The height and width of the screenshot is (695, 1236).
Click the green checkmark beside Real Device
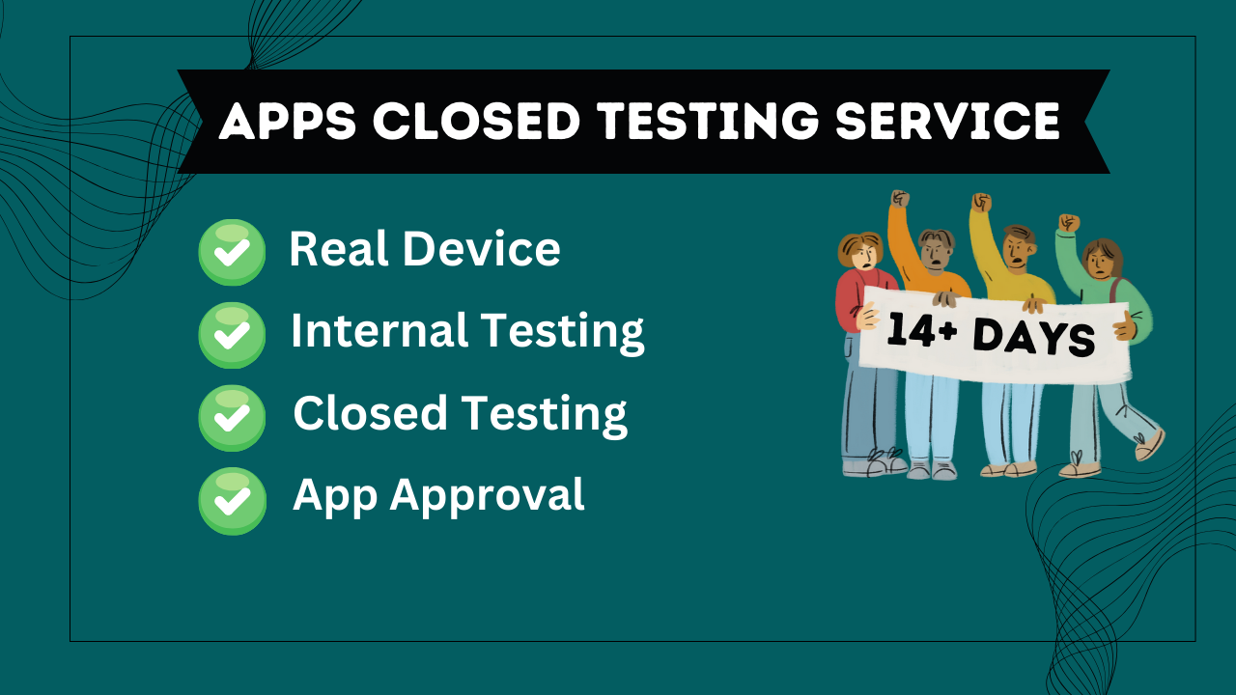tap(232, 252)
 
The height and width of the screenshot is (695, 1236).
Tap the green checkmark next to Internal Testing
tap(232, 335)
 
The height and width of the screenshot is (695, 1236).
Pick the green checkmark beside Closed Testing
tap(232, 417)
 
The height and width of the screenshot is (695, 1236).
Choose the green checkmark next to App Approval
tap(232, 500)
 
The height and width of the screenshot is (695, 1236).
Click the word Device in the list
tap(481, 249)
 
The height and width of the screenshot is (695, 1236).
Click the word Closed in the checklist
tap(370, 413)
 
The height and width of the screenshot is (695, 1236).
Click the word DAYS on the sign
tap(1032, 338)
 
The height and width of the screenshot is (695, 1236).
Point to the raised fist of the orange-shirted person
tap(900, 200)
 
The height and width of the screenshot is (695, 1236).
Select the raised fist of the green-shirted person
tap(1068, 223)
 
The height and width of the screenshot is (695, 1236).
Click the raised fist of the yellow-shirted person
tap(981, 203)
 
